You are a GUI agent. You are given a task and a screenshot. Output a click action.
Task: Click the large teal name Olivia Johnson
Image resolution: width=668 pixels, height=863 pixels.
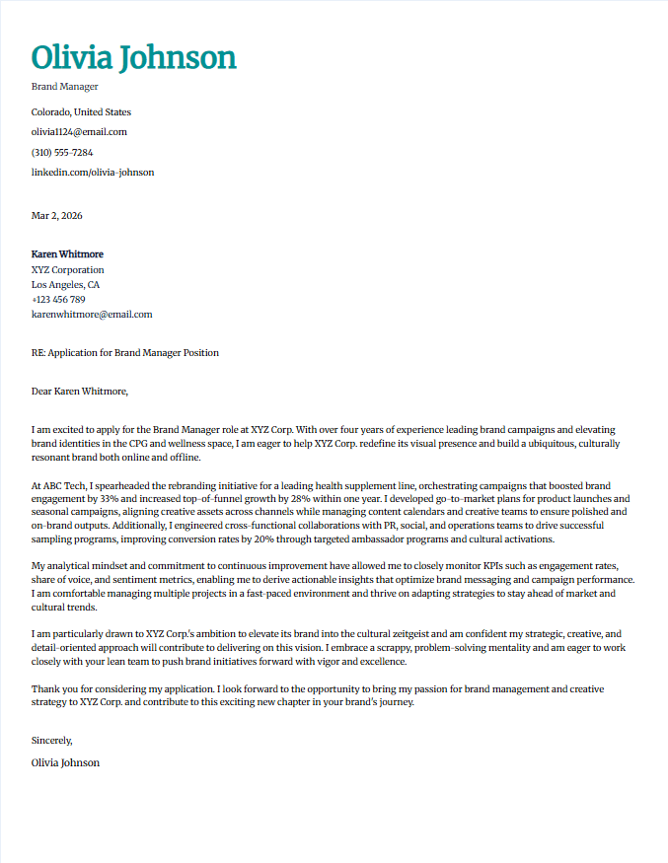coord(133,57)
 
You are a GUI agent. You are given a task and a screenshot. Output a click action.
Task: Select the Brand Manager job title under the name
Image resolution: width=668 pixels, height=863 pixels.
coord(65,87)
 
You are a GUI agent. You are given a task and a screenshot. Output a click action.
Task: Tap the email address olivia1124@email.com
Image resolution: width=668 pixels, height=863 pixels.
coord(79,132)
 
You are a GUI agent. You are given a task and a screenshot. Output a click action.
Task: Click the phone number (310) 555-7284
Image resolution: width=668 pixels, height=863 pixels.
coord(62,153)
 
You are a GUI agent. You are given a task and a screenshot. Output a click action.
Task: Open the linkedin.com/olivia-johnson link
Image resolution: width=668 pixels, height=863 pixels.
coord(93,173)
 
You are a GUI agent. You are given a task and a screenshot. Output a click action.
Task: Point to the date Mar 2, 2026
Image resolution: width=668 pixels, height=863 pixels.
coord(57,215)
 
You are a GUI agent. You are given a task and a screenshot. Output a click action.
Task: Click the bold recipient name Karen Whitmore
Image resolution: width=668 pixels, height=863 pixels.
coord(67,254)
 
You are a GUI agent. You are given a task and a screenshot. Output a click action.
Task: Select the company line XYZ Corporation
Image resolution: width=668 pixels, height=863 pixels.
coord(67,270)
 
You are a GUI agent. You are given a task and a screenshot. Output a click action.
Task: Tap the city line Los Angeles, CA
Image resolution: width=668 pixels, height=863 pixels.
coord(65,285)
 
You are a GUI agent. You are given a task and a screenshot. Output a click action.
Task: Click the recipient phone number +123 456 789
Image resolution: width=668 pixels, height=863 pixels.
coord(58,300)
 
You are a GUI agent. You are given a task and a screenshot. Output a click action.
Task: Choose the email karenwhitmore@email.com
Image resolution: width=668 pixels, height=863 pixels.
coord(92,315)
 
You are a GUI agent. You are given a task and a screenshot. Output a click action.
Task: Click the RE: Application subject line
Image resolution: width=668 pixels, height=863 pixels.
coord(125,353)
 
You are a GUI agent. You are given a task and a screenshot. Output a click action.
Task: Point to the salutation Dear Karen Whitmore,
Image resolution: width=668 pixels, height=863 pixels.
coord(80,392)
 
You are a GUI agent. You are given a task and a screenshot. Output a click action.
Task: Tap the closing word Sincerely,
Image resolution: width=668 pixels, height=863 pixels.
coord(52,740)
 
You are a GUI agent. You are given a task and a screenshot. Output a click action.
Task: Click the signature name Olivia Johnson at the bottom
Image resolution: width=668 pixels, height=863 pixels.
coord(65,762)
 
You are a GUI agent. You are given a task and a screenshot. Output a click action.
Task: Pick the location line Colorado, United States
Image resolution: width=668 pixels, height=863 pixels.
coord(81,112)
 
